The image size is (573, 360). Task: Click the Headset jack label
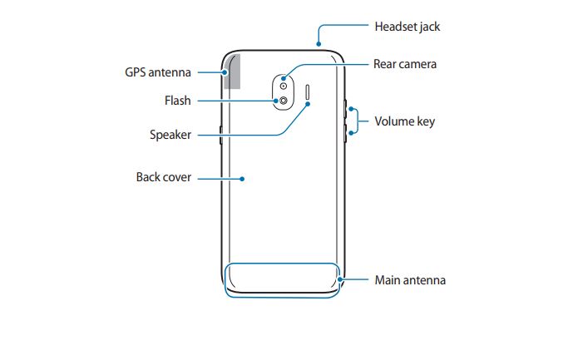coord(408,27)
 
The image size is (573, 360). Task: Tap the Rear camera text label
coord(405,64)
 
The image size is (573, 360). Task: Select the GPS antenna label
coord(158,72)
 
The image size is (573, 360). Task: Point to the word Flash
coord(178,101)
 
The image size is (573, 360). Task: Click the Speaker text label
coord(170,135)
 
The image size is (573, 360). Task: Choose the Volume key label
coord(405,121)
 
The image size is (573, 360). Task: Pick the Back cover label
coord(164,177)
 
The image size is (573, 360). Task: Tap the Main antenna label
coord(410,280)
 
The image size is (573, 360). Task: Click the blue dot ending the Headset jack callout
coord(319,44)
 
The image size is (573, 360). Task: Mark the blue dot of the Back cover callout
coord(242,179)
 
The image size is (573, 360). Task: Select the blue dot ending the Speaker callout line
coord(308,104)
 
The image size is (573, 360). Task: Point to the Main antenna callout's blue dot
coord(340,280)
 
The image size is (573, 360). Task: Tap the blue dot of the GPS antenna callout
coord(225,72)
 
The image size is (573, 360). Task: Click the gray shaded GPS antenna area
coord(232,72)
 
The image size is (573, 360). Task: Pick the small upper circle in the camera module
coord(284,86)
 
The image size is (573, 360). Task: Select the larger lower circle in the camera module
coord(284,101)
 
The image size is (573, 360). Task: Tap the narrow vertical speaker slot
coord(308,92)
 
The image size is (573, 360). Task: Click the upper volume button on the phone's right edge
coord(345,109)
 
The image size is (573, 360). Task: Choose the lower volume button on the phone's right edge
coord(345,133)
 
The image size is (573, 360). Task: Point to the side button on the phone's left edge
coord(220,135)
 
